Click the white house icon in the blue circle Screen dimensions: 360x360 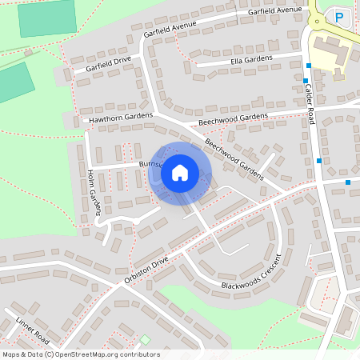[180, 173]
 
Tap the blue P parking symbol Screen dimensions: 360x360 [339, 16]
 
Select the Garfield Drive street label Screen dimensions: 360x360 [102, 64]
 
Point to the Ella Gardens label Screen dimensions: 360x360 [251, 59]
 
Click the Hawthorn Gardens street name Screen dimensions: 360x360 [120, 118]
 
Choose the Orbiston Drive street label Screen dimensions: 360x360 [146, 270]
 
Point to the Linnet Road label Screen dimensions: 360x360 [32, 330]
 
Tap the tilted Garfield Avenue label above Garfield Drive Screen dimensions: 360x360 [170, 29]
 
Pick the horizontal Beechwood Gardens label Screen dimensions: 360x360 [233, 118]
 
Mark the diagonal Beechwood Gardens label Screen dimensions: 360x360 [234, 158]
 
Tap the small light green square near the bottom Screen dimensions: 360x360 [145, 339]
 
